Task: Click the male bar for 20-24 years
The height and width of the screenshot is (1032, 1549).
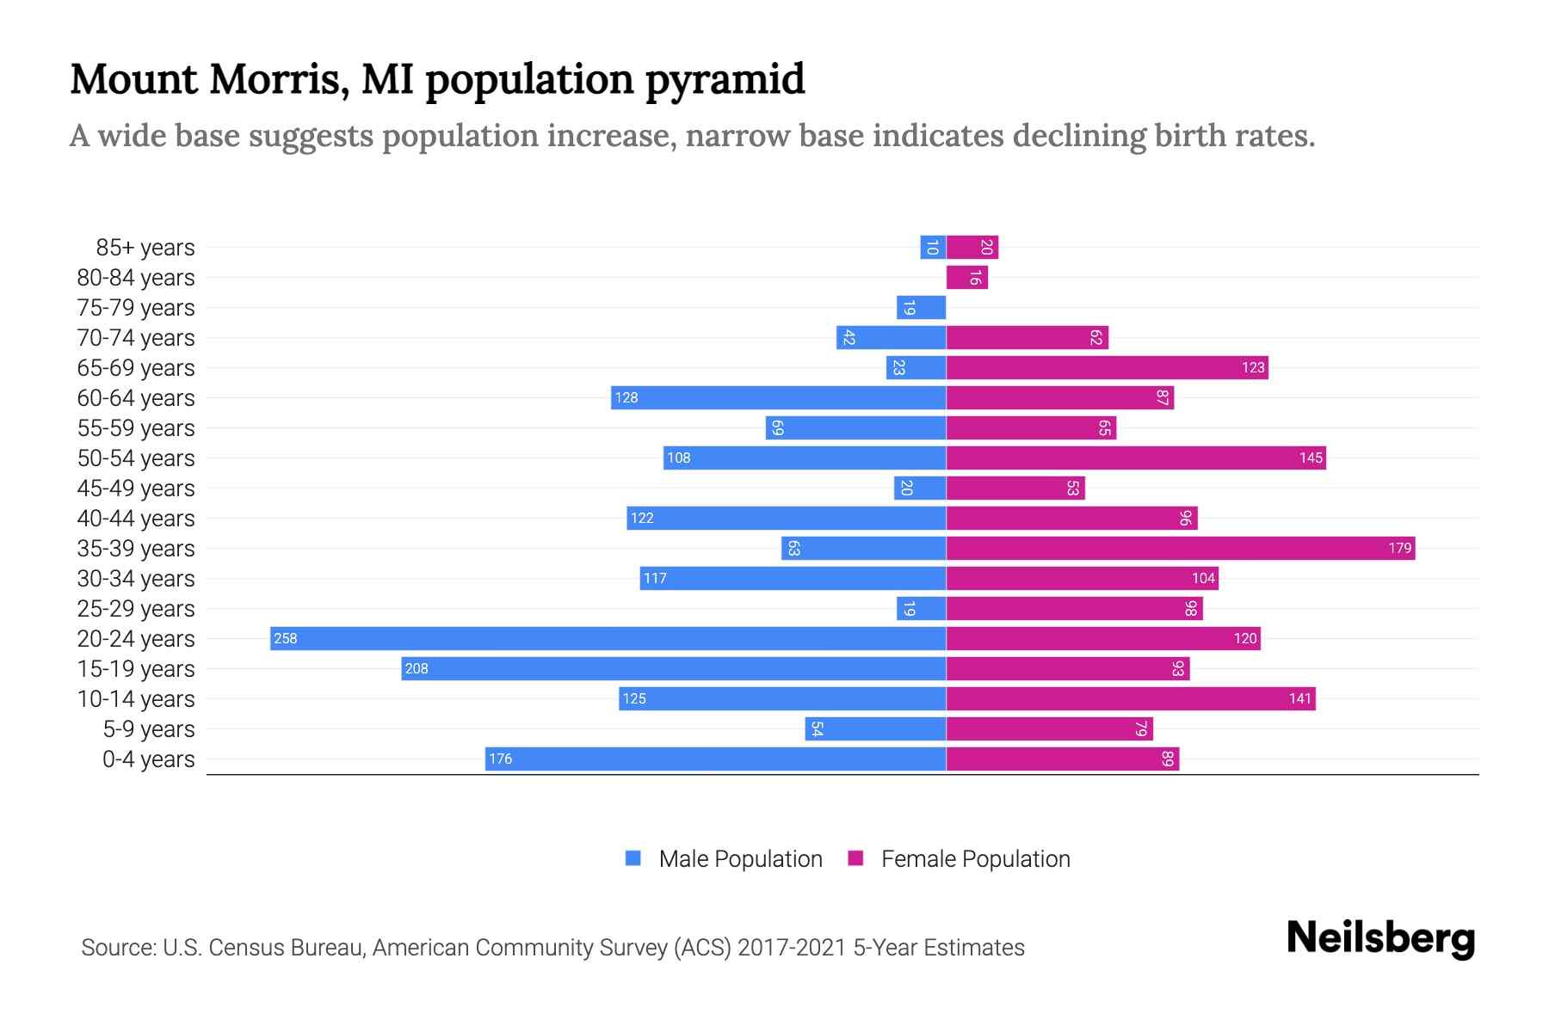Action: pyautogui.click(x=608, y=638)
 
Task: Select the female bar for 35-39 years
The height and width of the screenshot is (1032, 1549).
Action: pyautogui.click(x=1181, y=548)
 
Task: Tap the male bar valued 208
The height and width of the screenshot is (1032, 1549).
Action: pyautogui.click(x=673, y=668)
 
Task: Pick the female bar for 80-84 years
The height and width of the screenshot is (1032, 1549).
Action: pyautogui.click(x=966, y=277)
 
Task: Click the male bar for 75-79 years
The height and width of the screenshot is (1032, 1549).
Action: pyautogui.click(x=921, y=307)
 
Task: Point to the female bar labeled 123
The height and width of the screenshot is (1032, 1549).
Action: pyautogui.click(x=1107, y=367)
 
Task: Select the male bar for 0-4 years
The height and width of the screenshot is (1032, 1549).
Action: pyautogui.click(x=715, y=759)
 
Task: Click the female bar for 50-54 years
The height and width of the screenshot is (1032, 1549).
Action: pyautogui.click(x=1136, y=458)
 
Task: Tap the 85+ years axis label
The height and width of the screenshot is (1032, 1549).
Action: pyautogui.click(x=145, y=248)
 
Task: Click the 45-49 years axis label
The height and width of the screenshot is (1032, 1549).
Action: pyautogui.click(x=136, y=488)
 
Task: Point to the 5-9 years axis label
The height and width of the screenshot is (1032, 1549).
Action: pyautogui.click(x=148, y=729)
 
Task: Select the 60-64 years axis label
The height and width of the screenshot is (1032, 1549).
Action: pyautogui.click(x=136, y=398)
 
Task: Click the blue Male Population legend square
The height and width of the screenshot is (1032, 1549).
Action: pyautogui.click(x=633, y=858)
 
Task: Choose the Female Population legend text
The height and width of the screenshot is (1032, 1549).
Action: pyautogui.click(x=975, y=858)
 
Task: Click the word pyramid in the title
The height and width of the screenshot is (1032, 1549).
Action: pyautogui.click(x=725, y=80)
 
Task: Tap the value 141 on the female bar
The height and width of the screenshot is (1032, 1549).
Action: pyautogui.click(x=1299, y=698)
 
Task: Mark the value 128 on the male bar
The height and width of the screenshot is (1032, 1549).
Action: pyautogui.click(x=626, y=397)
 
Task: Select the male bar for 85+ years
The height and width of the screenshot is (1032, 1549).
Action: pyautogui.click(x=933, y=247)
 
